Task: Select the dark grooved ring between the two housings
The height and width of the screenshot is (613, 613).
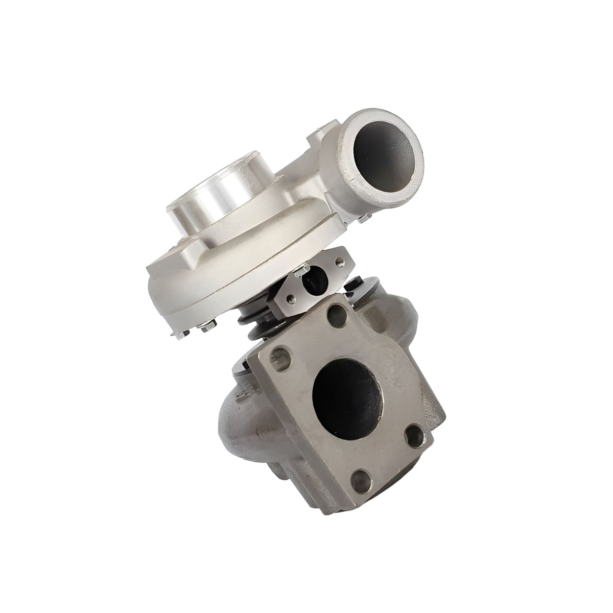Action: click(255, 327)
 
